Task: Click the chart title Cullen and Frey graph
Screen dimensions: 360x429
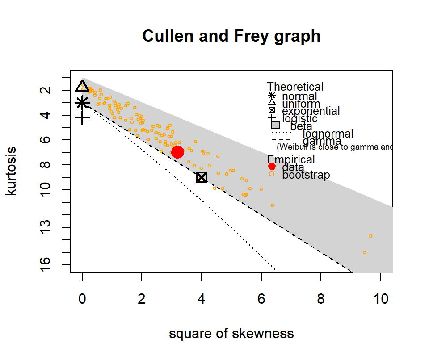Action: tap(231, 36)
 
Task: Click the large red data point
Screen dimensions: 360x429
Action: tap(177, 152)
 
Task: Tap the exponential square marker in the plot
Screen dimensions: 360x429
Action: tap(202, 177)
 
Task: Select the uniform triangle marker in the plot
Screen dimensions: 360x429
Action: tap(82, 86)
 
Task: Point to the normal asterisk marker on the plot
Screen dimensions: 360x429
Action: tap(82, 103)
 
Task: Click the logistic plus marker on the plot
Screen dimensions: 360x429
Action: tap(82, 118)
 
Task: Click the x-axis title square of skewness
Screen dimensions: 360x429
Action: tap(231, 334)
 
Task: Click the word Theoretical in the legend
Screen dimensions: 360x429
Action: tap(295, 87)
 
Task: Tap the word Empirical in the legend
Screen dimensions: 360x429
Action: tap(291, 159)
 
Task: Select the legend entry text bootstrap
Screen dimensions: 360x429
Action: tap(306, 175)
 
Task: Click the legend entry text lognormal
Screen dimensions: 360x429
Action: tap(328, 134)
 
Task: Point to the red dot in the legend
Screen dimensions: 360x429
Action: tap(272, 167)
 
